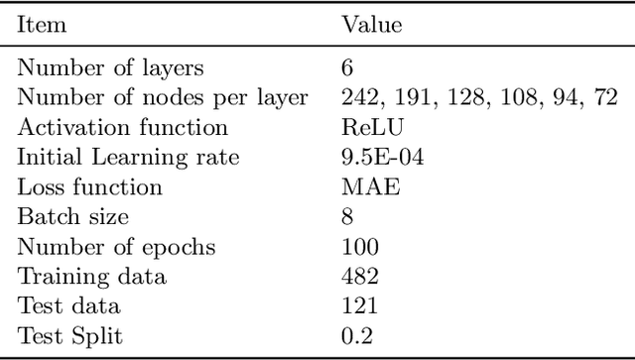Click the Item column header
[43, 24]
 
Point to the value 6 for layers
[346, 67]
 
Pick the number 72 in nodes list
[607, 97]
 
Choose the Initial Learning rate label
[129, 157]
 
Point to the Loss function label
[91, 186]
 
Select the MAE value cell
[362, 186]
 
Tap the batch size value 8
[346, 216]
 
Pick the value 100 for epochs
[357, 247]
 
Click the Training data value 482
[357, 277]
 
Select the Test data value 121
[357, 306]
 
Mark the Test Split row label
[71, 336]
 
